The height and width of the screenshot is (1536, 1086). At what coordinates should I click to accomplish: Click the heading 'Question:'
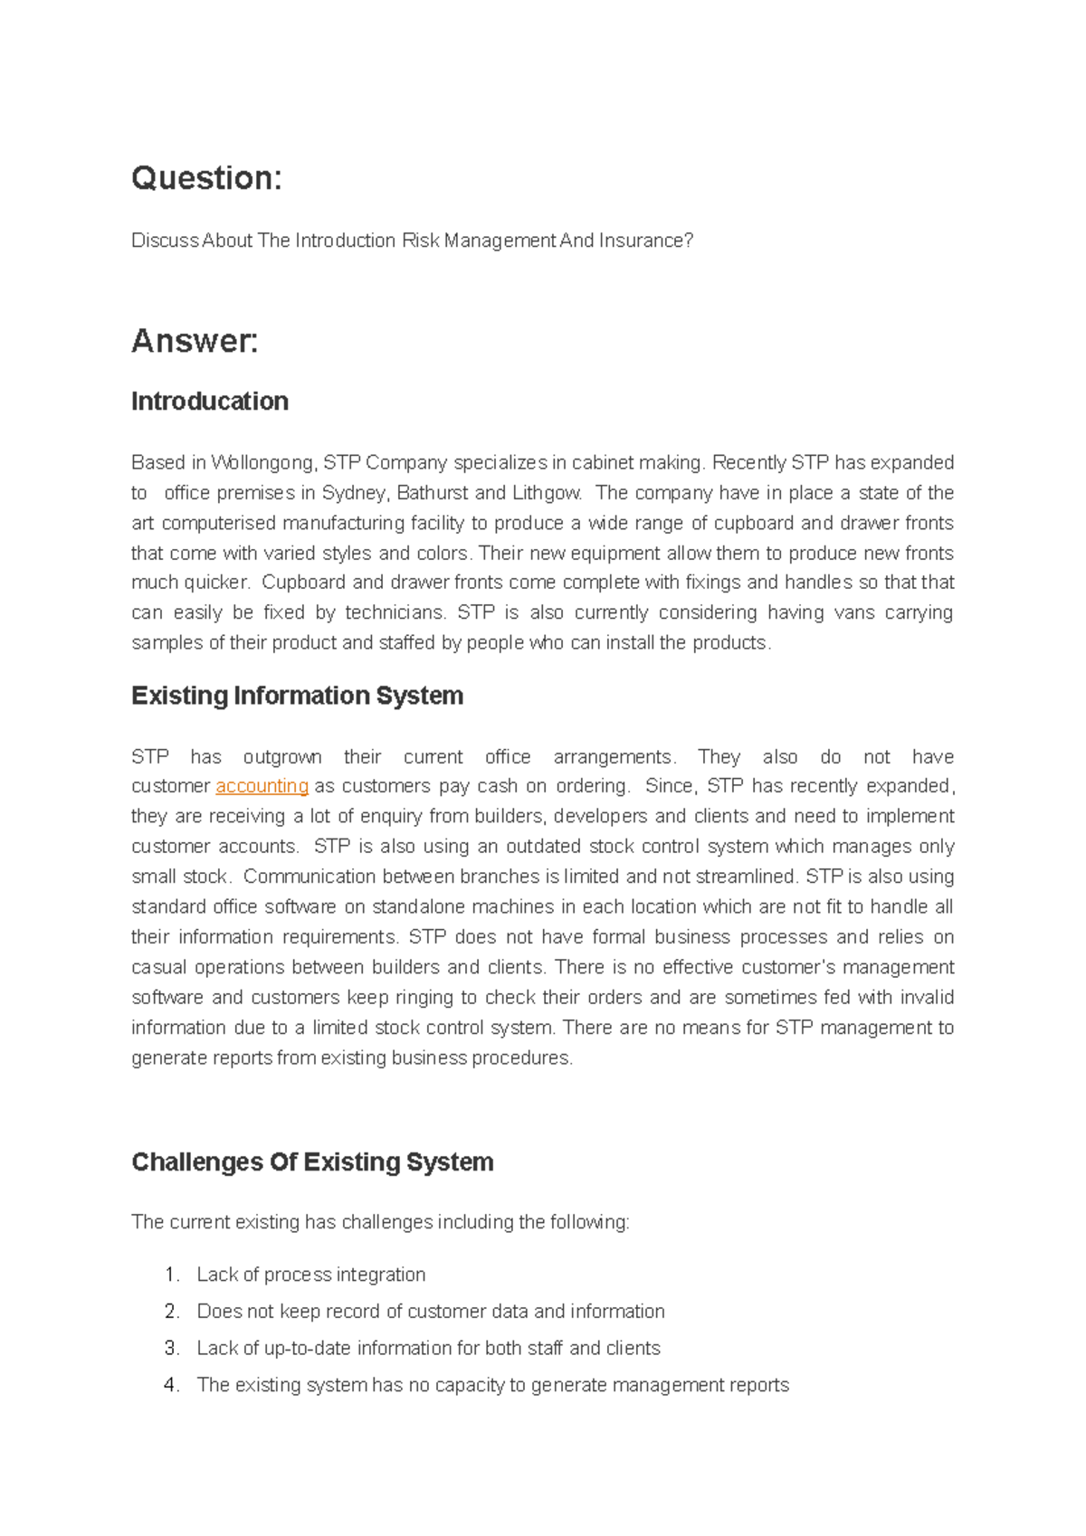[206, 178]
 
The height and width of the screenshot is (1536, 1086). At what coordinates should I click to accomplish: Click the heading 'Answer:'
[195, 341]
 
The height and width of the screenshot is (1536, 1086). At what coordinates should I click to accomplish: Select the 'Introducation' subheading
[209, 402]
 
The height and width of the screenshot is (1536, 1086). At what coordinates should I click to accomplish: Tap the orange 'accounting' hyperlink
[262, 786]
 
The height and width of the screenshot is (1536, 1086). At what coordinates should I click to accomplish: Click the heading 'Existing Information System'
[297, 696]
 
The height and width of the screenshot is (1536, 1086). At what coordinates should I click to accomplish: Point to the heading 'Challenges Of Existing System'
[312, 1162]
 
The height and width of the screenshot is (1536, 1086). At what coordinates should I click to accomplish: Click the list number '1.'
[173, 1275]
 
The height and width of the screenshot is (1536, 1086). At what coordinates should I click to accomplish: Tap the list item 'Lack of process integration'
[310, 1275]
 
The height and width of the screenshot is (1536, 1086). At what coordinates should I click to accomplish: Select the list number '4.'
[173, 1386]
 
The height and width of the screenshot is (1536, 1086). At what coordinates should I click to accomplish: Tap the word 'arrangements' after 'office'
[614, 757]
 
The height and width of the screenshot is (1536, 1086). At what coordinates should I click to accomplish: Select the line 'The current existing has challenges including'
[379, 1223]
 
